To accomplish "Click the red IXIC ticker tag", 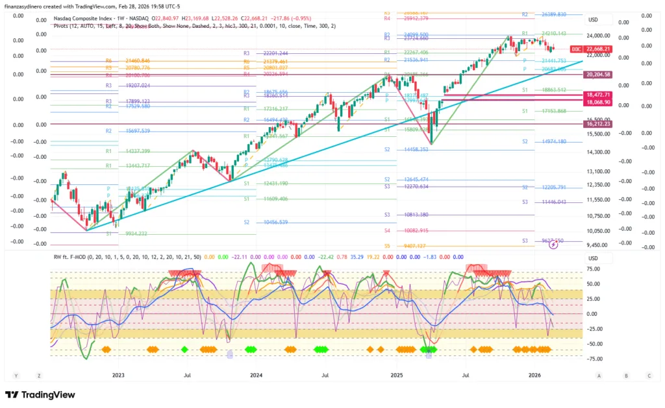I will point(576,49).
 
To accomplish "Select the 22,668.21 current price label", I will point(598,49).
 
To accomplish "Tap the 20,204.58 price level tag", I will point(598,75).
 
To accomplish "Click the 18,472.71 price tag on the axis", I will point(598,95).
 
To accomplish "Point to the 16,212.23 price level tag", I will point(598,124).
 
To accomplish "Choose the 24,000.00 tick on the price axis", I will point(598,36).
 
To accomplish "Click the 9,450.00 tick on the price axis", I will point(598,245).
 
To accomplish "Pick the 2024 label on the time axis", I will point(257,376).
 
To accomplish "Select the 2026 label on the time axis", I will point(534,376).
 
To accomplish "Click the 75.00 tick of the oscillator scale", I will point(592,268).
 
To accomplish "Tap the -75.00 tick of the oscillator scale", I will point(592,358).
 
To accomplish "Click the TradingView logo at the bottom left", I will point(40,394).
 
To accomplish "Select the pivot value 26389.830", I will point(553,14).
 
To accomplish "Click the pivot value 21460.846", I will point(137,60).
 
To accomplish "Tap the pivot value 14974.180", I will point(553,141).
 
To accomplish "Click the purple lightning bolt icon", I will point(553,245).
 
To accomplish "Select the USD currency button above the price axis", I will point(593,20).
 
